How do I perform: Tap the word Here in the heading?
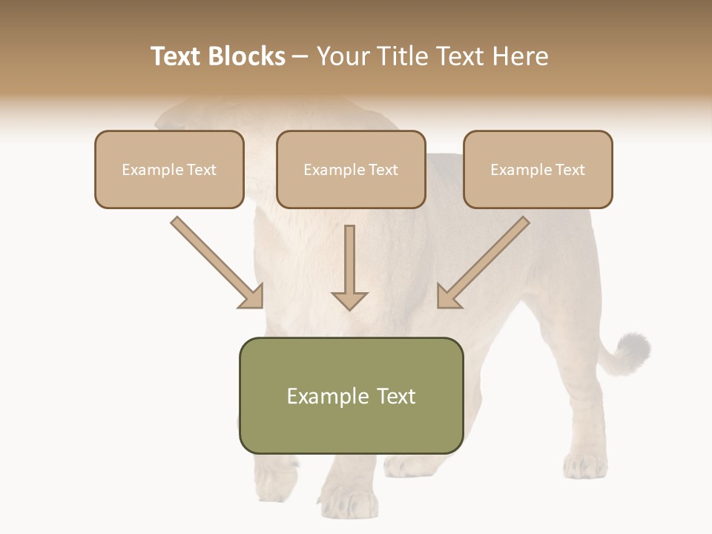[518, 56]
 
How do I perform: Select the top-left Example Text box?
[169, 169]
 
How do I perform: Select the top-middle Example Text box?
[351, 169]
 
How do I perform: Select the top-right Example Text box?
[538, 169]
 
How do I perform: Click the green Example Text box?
[351, 395]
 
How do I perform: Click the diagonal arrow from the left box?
[215, 261]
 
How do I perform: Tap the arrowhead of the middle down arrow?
[349, 300]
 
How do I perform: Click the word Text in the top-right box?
[570, 170]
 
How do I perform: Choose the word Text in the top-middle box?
[383, 170]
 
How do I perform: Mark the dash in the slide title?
[300, 56]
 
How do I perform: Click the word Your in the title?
[343, 56]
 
